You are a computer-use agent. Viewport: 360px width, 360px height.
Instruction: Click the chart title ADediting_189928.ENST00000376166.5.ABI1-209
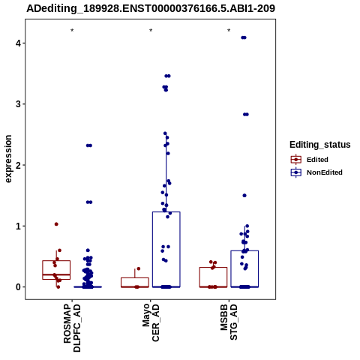click(x=151, y=8)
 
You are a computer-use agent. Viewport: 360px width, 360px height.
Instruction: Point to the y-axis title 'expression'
click(x=8, y=159)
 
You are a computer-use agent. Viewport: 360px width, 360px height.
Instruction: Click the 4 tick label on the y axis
click(x=18, y=43)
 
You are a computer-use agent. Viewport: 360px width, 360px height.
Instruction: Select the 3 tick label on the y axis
click(x=18, y=104)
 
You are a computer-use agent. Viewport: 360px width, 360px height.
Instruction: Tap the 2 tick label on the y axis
click(x=18, y=165)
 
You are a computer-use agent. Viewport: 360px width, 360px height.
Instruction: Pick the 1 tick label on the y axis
click(x=18, y=226)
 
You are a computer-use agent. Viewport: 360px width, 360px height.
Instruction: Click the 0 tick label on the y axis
click(x=18, y=287)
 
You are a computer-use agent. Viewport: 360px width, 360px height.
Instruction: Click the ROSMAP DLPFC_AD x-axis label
click(x=72, y=328)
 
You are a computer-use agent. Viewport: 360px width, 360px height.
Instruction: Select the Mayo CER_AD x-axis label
click(x=151, y=322)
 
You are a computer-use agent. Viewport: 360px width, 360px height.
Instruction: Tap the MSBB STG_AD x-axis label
click(x=229, y=322)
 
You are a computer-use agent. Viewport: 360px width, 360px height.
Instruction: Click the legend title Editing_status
click(x=320, y=145)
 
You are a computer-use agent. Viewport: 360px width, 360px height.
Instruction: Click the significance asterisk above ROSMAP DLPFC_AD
click(x=72, y=31)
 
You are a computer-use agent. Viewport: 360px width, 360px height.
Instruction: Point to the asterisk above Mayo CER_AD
click(x=151, y=31)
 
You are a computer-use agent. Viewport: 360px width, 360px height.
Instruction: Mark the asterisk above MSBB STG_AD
click(x=229, y=31)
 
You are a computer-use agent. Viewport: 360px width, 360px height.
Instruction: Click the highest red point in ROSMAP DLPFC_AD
click(x=56, y=224)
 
